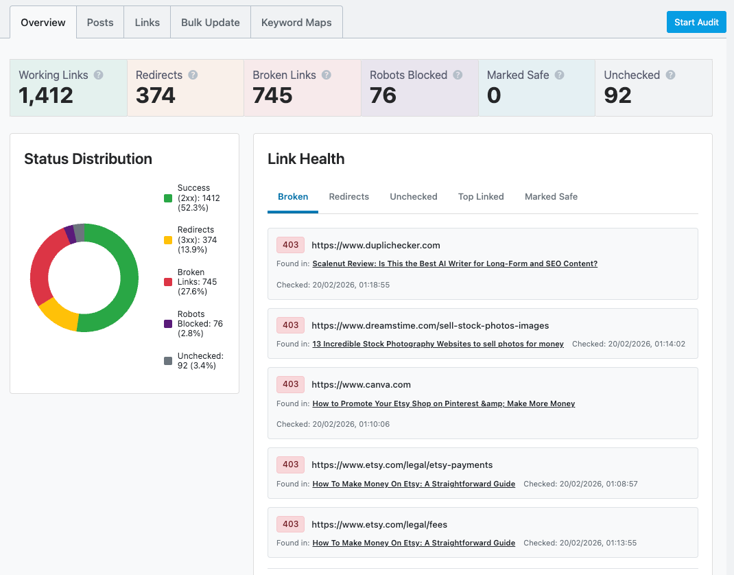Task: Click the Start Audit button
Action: (696, 22)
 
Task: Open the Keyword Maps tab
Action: (296, 23)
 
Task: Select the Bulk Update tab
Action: (210, 23)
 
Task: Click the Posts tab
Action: (100, 23)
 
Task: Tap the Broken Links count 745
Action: (272, 96)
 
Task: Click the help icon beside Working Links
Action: (99, 75)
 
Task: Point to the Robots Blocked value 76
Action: (383, 96)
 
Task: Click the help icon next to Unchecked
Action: (670, 75)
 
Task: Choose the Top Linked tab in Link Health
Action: (481, 196)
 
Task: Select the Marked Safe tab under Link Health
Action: (551, 196)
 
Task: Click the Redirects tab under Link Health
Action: (348, 196)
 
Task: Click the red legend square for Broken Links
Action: (168, 282)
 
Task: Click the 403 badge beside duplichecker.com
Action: (290, 245)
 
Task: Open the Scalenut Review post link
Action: (455, 263)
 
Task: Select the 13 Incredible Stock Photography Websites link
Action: (438, 344)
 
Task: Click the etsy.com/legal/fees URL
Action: (379, 524)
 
